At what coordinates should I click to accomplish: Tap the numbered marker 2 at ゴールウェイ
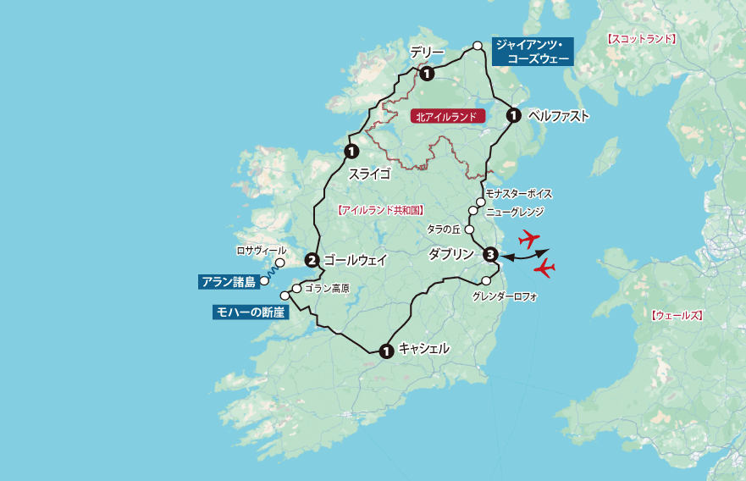tap(312, 260)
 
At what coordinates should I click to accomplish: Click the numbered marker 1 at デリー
tap(427, 74)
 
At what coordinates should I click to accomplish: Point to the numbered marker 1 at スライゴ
tap(351, 152)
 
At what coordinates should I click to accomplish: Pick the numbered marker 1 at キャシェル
tap(386, 350)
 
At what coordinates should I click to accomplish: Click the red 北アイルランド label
tap(446, 118)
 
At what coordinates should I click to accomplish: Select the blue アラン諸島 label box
tap(229, 282)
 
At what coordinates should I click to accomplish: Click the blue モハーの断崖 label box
tap(251, 312)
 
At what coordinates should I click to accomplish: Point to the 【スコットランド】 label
tap(642, 39)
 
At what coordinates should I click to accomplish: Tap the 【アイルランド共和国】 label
tap(380, 209)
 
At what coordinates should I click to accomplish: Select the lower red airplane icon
tap(544, 268)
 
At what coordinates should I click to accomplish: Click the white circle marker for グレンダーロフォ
tap(486, 281)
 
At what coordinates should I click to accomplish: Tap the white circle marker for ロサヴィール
tap(280, 263)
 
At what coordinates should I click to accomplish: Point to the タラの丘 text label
tap(443, 229)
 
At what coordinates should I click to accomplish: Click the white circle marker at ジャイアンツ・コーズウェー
tap(478, 45)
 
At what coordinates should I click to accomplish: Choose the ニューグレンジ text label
tap(514, 212)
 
